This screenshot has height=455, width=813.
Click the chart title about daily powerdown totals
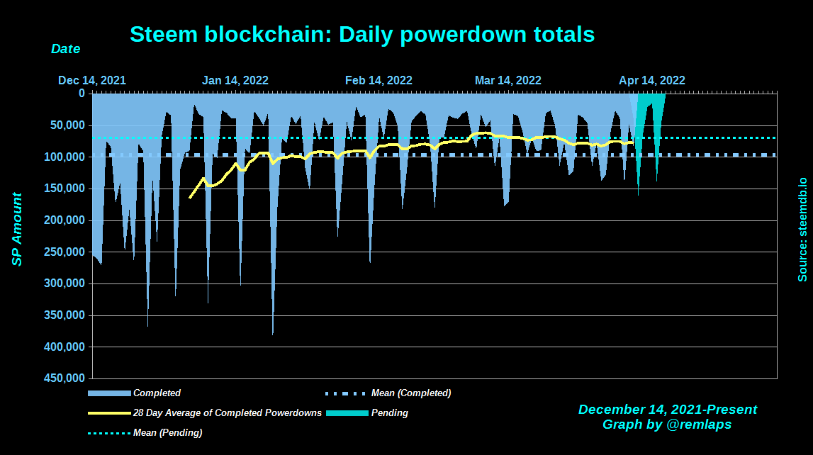[362, 33]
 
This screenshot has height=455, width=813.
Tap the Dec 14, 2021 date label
[92, 80]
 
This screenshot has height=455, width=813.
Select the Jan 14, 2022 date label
[235, 80]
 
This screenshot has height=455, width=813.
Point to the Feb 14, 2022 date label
[379, 80]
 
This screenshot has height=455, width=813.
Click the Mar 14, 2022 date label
[508, 80]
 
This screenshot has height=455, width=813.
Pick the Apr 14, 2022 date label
[652, 80]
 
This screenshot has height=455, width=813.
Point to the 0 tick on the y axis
[82, 93]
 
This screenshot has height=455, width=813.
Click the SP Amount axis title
[16, 229]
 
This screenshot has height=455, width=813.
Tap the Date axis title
[65, 50]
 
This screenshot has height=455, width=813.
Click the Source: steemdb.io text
[802, 229]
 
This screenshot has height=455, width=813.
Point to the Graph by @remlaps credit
[667, 425]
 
